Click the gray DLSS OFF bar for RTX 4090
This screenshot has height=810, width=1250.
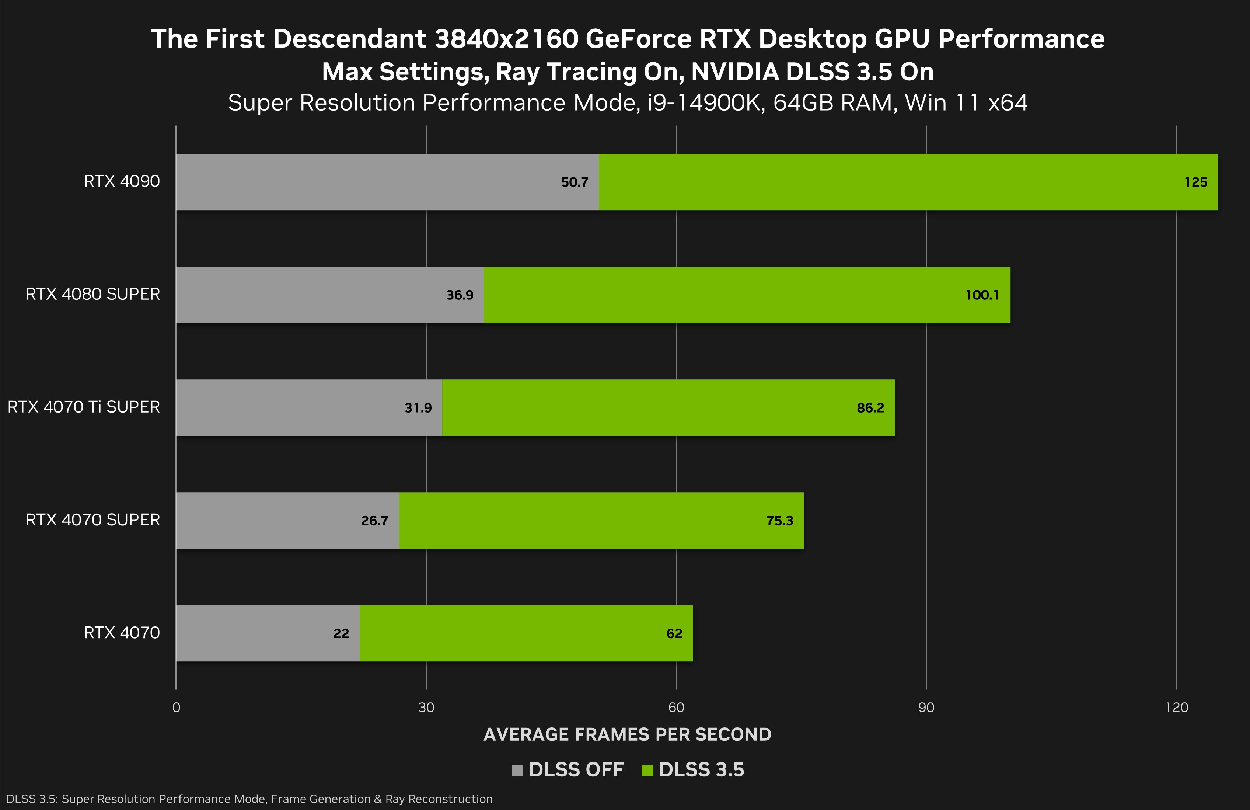click(x=388, y=182)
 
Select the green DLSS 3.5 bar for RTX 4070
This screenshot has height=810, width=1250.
click(x=526, y=633)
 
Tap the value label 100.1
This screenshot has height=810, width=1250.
click(x=982, y=295)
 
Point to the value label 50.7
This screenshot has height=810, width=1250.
click(x=575, y=182)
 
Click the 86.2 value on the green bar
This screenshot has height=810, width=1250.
click(x=870, y=408)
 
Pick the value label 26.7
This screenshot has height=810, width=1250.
click(x=374, y=521)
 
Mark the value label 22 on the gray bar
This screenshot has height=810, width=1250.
click(x=341, y=633)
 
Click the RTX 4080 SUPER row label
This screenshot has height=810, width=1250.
click(x=93, y=294)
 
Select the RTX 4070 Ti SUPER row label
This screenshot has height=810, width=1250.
click(x=84, y=407)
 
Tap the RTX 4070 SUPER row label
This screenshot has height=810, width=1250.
click(x=93, y=520)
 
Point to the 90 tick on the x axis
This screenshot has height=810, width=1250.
click(x=926, y=708)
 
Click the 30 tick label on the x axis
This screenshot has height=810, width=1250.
click(x=426, y=708)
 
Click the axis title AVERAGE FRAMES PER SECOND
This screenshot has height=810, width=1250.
click(x=628, y=734)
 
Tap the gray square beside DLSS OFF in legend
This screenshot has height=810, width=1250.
click(x=517, y=770)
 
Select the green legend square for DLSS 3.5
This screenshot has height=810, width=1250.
click(x=647, y=770)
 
